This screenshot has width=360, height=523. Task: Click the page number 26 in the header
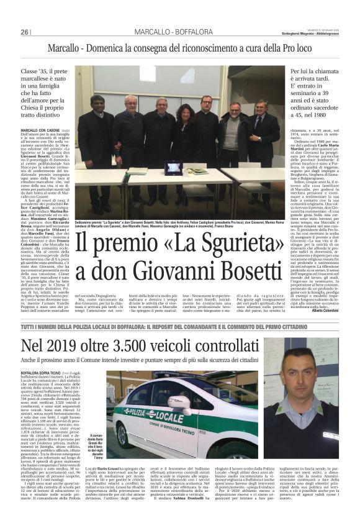click(25, 32)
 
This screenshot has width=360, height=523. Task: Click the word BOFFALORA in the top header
click(187, 32)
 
